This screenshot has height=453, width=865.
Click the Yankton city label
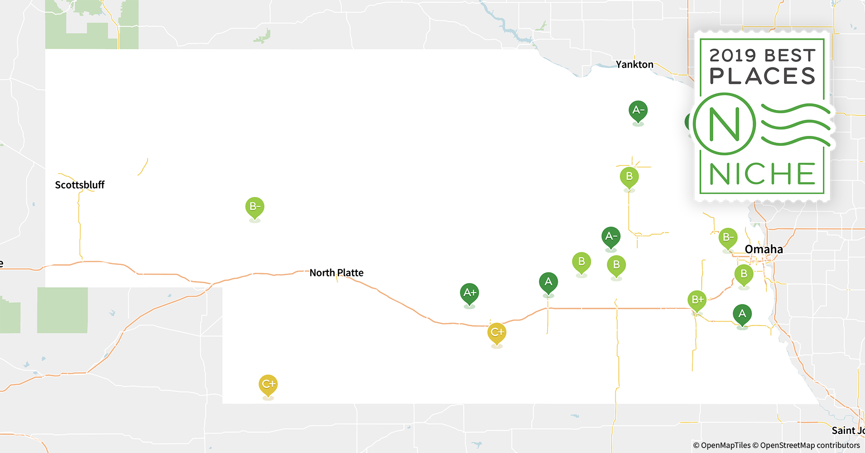634,64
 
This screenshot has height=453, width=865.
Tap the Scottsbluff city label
80,185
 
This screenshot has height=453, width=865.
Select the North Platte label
336,273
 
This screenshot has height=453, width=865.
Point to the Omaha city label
764,249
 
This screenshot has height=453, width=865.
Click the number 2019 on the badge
733,56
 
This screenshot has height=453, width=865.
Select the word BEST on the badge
790,56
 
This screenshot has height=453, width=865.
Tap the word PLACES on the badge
763,76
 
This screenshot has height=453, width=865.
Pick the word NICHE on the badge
763,174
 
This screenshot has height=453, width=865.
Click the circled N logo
725,124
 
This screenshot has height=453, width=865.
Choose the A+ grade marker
470,293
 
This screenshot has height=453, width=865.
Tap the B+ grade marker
697,299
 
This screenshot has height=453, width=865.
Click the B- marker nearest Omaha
728,237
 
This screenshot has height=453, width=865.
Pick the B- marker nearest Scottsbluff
255,207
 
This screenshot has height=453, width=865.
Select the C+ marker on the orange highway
497,333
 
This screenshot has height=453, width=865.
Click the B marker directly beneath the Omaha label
744,274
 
